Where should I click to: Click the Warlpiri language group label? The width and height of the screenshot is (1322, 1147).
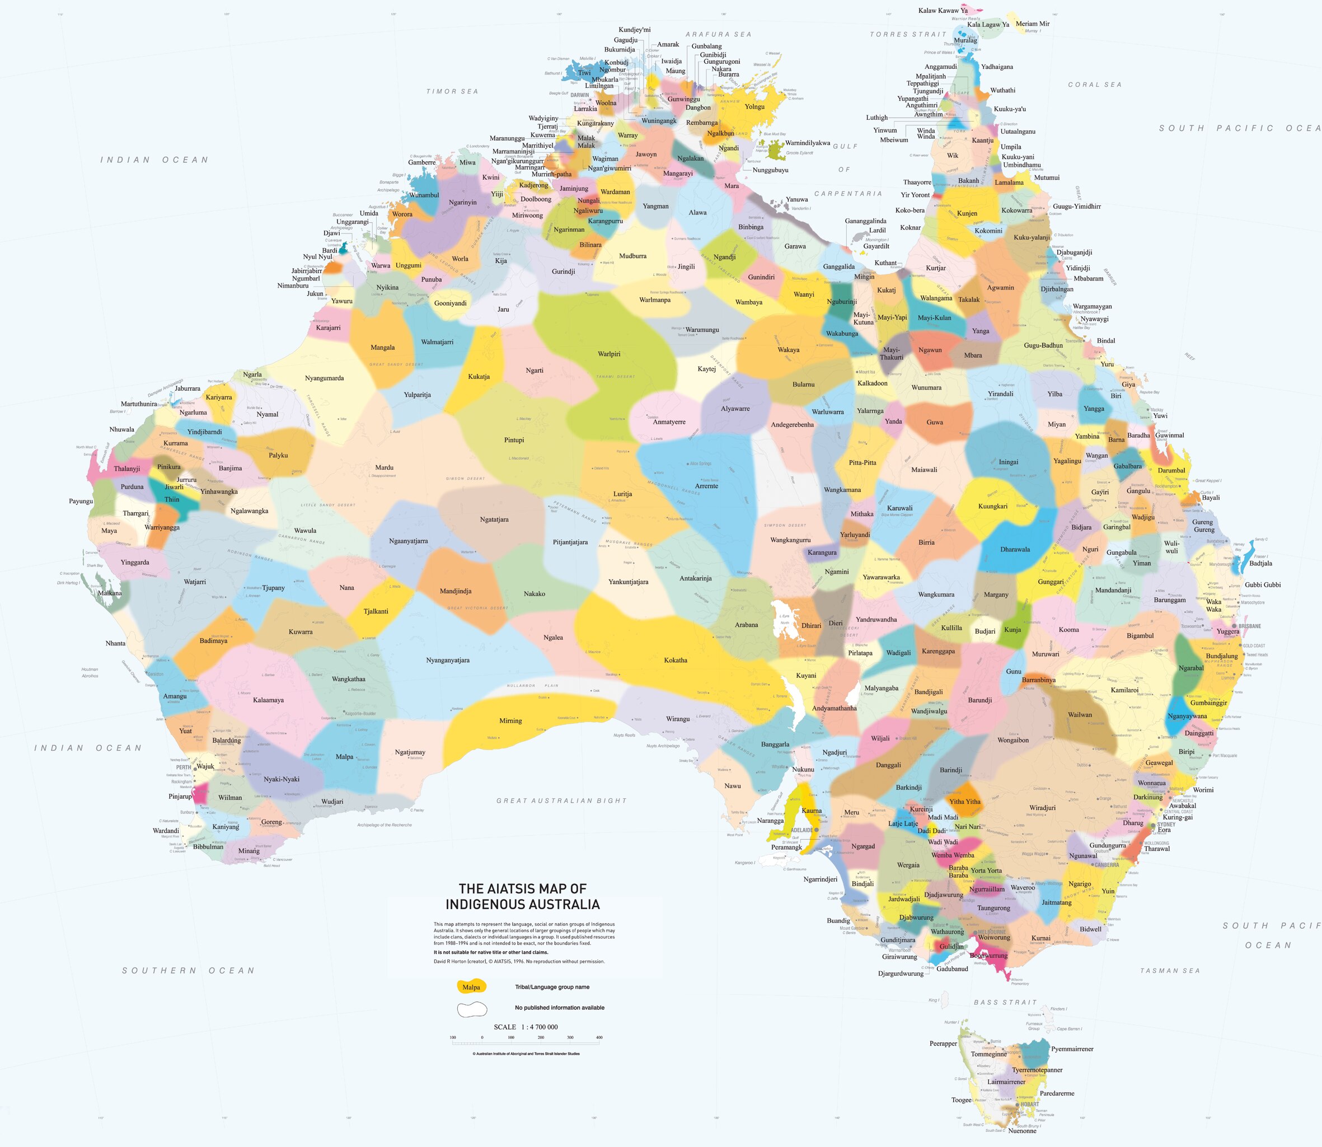[x=608, y=354]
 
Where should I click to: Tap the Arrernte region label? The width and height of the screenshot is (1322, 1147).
[x=706, y=486]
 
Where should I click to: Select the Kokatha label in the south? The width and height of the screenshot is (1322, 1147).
[x=675, y=660]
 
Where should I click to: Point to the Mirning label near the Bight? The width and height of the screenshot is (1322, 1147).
[x=510, y=720]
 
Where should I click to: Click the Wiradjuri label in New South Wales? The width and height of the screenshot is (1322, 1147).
[x=1042, y=808]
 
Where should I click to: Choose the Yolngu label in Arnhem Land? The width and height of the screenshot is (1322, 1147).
[x=754, y=107]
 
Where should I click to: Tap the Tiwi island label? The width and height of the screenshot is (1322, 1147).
[x=584, y=72]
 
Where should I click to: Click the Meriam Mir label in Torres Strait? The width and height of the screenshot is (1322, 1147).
[x=1032, y=24]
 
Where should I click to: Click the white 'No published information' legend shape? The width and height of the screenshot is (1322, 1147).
[x=472, y=1010]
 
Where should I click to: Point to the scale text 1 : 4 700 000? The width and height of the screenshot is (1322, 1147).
[x=526, y=1027]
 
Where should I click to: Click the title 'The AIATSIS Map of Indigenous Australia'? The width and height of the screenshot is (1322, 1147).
[x=522, y=896]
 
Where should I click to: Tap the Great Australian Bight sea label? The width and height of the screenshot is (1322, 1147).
[x=561, y=800]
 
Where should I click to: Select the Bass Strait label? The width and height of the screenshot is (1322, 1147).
[x=1005, y=1003]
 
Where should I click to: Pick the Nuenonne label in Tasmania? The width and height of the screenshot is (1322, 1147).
[x=1022, y=1130]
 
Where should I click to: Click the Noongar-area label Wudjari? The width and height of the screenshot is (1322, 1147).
[x=332, y=802]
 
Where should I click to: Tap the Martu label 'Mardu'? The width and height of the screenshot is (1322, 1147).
[x=384, y=468]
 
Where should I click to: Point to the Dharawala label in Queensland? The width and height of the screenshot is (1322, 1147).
[x=1015, y=549]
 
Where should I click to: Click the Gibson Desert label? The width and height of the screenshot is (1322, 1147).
[x=465, y=479]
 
